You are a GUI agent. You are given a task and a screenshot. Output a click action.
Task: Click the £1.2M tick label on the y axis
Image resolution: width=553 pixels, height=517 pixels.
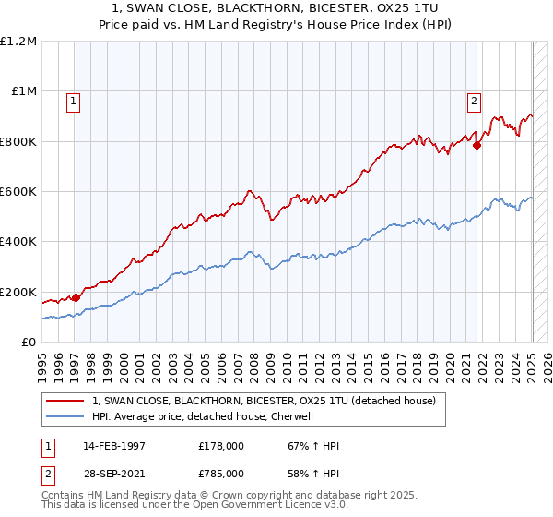click(x=18, y=42)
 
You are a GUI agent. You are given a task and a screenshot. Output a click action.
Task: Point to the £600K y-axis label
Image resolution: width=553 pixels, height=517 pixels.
click(x=18, y=192)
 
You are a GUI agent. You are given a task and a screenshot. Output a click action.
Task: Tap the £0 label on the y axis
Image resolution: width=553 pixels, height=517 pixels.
click(x=28, y=343)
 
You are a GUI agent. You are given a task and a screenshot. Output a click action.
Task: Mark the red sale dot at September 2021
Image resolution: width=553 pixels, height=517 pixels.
click(x=477, y=145)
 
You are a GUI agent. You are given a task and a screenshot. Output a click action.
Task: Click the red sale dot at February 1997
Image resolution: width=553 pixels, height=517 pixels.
click(x=76, y=297)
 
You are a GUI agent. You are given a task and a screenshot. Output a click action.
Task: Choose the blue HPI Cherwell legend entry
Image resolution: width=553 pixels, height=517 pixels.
click(x=203, y=416)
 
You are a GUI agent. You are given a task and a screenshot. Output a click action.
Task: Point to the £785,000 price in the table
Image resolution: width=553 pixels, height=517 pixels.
click(x=221, y=473)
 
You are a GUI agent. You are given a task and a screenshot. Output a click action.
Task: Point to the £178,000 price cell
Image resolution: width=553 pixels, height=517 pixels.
click(x=221, y=446)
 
